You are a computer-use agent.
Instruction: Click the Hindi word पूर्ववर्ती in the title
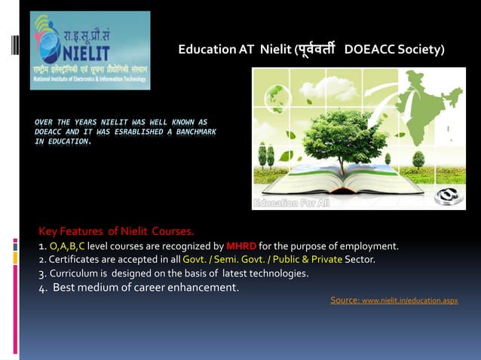pos(310,50)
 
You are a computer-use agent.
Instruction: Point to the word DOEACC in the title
pos(369,50)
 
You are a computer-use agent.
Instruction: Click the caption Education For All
pos(290,203)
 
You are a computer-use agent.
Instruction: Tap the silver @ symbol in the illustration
pos(449,194)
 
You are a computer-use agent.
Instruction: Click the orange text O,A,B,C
pos(67,246)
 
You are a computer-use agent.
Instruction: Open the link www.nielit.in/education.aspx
pos(409,301)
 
